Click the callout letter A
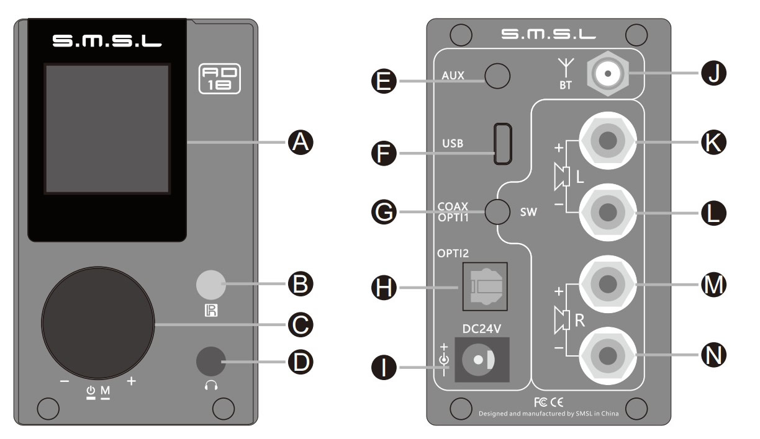click(300, 143)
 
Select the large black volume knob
click(99, 324)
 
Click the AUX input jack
click(497, 76)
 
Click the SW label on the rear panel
click(528, 212)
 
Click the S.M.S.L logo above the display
click(107, 42)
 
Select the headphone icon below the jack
click(210, 385)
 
